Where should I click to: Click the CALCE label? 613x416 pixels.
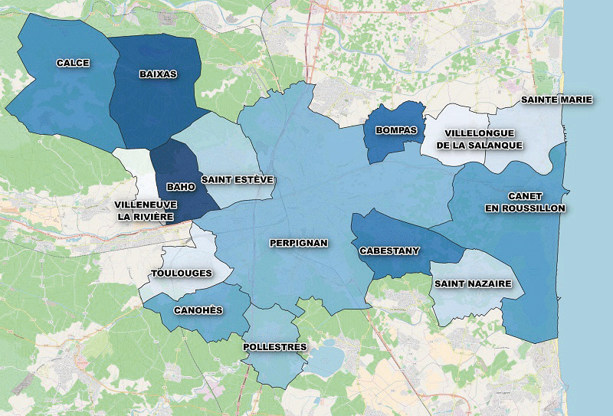click(x=73, y=63)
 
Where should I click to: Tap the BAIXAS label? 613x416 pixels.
click(x=159, y=74)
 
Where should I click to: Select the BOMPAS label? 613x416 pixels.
click(x=396, y=130)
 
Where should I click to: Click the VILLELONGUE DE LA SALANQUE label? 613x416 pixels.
click(x=480, y=139)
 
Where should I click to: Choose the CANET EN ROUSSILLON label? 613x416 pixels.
click(x=525, y=202)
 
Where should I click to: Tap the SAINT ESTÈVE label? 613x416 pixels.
click(x=238, y=179)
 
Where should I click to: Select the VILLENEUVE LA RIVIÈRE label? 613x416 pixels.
click(x=146, y=211)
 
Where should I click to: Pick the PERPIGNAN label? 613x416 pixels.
click(x=299, y=243)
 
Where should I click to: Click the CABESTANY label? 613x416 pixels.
click(x=389, y=250)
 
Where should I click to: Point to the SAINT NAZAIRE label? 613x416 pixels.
click(x=473, y=283)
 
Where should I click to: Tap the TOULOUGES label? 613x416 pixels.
click(x=182, y=273)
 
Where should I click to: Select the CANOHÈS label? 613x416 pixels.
click(x=198, y=310)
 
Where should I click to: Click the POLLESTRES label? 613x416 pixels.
click(x=274, y=347)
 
